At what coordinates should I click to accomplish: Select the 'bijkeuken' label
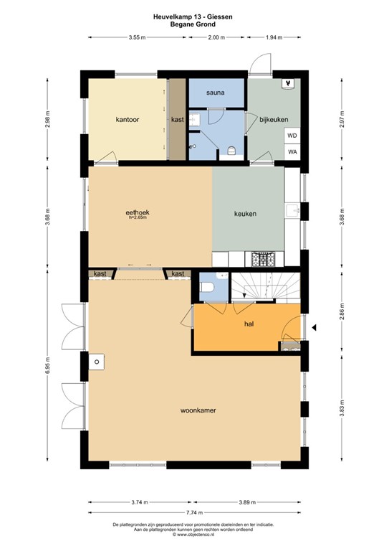[273, 119]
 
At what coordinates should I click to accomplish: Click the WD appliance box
[292, 135]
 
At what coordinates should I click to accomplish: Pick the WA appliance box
[292, 151]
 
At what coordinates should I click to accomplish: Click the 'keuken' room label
[245, 214]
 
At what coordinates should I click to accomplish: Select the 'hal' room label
[249, 324]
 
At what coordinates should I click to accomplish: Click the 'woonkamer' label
[198, 410]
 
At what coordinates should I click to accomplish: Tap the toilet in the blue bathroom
[231, 150]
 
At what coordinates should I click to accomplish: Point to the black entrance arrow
[314, 329]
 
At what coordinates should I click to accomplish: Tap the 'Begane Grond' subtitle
[193, 24]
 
